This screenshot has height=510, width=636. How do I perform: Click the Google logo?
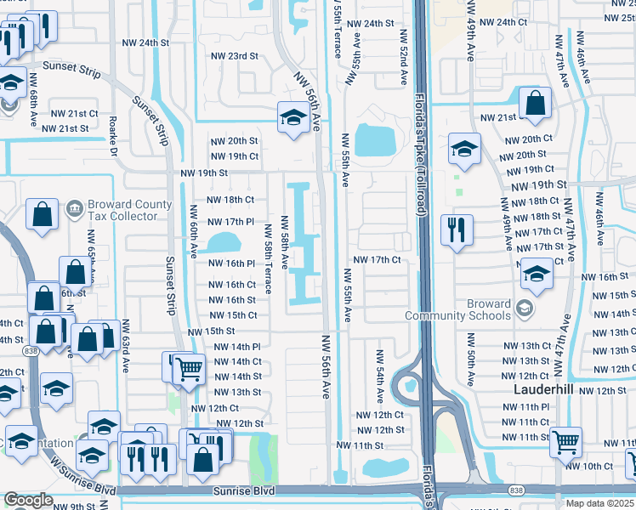(x=28, y=501)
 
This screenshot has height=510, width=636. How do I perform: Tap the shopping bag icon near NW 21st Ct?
(x=535, y=104)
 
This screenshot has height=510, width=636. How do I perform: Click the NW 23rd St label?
(x=235, y=56)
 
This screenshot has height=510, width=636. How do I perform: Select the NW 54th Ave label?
(x=379, y=376)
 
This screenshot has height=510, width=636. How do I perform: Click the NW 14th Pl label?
(x=236, y=347)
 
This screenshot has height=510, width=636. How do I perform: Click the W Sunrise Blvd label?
(x=82, y=476)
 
